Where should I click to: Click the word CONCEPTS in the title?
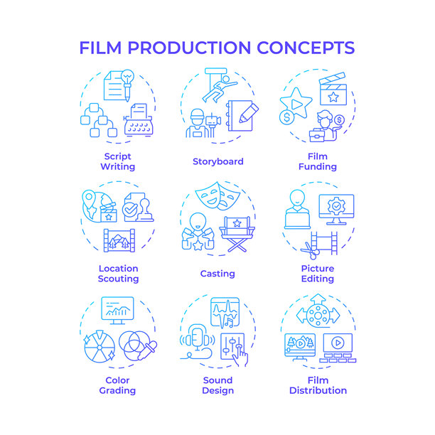coord(306,48)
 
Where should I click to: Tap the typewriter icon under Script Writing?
coord(139,120)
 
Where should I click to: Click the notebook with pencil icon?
coord(242,116)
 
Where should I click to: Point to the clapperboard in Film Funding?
coord(333,89)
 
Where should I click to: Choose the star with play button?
coord(296,103)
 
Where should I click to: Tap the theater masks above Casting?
coord(217,196)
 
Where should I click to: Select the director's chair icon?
coord(237,234)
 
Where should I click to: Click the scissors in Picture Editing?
coord(311,251)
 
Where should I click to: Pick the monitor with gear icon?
coord(336,210)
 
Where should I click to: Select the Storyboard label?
coord(218,161)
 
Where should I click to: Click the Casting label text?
coord(217,274)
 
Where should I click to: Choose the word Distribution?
coord(318,390)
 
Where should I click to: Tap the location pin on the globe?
coord(89,199)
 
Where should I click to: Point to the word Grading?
coord(117,391)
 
